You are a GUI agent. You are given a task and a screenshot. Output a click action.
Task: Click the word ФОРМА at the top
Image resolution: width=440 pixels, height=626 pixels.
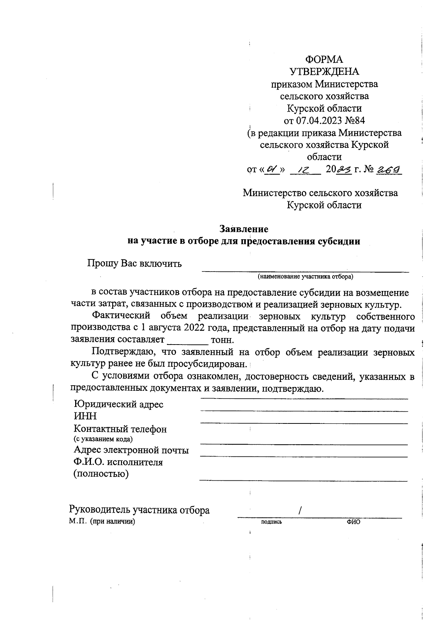pyautogui.click(x=324, y=59)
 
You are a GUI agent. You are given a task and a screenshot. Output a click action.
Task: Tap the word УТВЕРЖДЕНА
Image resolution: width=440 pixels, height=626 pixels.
pyautogui.click(x=324, y=72)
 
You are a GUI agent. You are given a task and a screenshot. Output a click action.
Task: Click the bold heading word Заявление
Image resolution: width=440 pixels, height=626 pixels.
pyautogui.click(x=244, y=229)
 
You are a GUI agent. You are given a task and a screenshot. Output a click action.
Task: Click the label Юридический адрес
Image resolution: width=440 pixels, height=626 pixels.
pyautogui.click(x=118, y=404)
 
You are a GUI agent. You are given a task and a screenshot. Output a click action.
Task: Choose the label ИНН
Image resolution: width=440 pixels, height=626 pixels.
pyautogui.click(x=85, y=416)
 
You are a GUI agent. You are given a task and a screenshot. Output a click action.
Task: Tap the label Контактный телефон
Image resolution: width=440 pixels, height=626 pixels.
pyautogui.click(x=120, y=429)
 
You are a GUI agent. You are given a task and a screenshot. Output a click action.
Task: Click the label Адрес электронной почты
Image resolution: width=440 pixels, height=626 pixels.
pyautogui.click(x=131, y=450)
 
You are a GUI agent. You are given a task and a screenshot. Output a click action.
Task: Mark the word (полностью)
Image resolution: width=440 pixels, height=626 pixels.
pyautogui.click(x=101, y=474)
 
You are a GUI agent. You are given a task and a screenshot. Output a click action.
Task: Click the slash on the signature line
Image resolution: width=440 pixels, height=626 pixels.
pyautogui.click(x=300, y=510)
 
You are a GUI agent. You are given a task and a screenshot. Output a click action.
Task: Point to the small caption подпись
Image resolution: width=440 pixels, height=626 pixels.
pyautogui.click(x=271, y=522)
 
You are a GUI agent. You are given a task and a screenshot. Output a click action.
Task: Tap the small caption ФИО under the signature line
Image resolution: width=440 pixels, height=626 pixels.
pyautogui.click(x=353, y=522)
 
